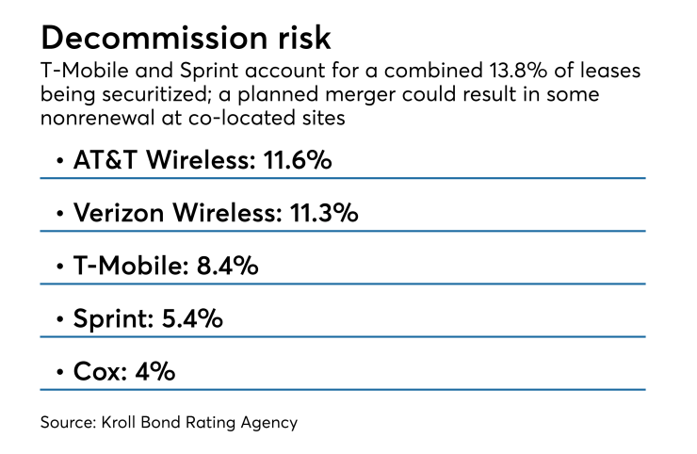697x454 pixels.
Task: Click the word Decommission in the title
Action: pos(154,38)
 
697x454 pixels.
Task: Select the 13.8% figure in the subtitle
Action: pos(518,71)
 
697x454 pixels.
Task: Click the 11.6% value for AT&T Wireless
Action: pos(298,159)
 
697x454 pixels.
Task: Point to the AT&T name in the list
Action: pos(105,159)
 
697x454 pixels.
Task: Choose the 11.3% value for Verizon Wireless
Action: pos(324,213)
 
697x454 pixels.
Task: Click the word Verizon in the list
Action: pos(119,213)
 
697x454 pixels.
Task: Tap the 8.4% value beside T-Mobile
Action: pos(227,266)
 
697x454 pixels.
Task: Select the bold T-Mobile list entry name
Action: pos(128,266)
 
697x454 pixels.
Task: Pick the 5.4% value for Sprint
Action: pos(192,318)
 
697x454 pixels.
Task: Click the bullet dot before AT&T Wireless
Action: pos(60,160)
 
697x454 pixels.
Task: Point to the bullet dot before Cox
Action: pos(60,372)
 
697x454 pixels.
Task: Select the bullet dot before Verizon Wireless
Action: pos(60,214)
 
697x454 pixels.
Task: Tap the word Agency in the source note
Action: pos(269,423)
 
